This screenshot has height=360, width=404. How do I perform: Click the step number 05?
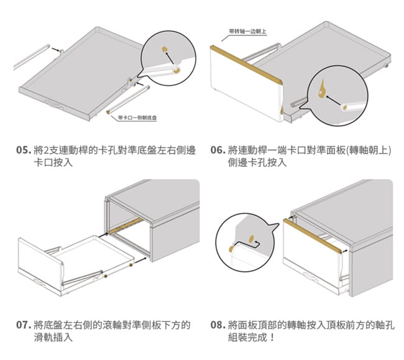point(24,150)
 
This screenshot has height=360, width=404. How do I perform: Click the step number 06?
point(217,150)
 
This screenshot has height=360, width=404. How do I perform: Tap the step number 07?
point(24,325)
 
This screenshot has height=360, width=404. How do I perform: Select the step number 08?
point(217,325)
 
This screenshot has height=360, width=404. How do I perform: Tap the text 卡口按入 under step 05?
point(53,163)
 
